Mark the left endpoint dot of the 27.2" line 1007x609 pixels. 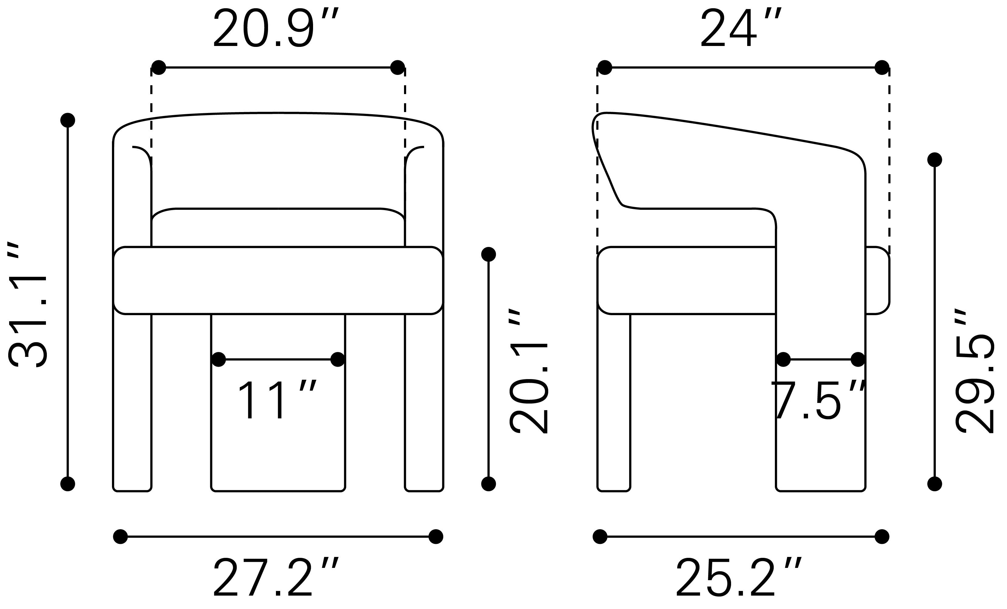[120, 537]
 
